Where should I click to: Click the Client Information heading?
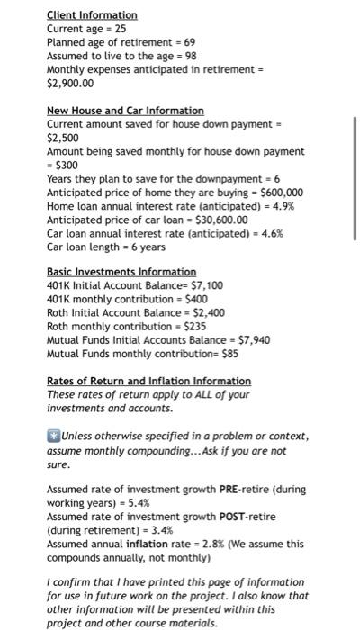tap(92, 15)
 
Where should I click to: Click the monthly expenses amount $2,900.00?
tap(70, 83)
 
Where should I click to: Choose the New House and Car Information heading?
tap(125, 110)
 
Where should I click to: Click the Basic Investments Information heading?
tap(121, 272)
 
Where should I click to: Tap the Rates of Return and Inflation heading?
tap(148, 381)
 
